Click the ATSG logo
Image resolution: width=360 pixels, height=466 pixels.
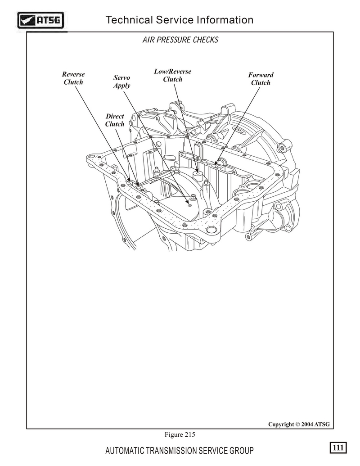pyautogui.click(x=40, y=20)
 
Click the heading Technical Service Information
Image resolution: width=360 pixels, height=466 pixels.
pyautogui.click(x=180, y=20)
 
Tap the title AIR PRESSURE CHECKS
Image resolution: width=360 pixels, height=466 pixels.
pyautogui.click(x=180, y=40)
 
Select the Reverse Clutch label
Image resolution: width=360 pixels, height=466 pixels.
pyautogui.click(x=73, y=78)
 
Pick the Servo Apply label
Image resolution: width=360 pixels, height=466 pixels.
pyautogui.click(x=122, y=81)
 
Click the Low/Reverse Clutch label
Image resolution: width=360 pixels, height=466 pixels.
pyautogui.click(x=172, y=75)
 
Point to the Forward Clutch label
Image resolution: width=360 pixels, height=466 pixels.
pyautogui.click(x=261, y=79)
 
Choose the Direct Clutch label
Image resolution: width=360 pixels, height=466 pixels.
pyautogui.click(x=115, y=120)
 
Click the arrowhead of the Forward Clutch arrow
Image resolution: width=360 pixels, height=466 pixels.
pyautogui.click(x=216, y=163)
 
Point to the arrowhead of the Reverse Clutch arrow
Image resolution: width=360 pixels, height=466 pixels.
pyautogui.click(x=130, y=180)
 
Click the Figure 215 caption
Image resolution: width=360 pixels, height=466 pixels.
pyautogui.click(x=180, y=434)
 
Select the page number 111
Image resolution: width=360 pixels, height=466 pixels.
pyautogui.click(x=338, y=447)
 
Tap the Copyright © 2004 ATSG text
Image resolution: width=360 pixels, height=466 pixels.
pyautogui.click(x=299, y=424)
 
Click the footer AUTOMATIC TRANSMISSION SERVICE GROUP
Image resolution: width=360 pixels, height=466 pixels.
pyautogui.click(x=180, y=451)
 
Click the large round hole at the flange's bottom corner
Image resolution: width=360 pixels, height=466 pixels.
pyautogui.click(x=211, y=230)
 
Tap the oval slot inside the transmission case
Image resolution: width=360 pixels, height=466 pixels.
pyautogui.click(x=169, y=157)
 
